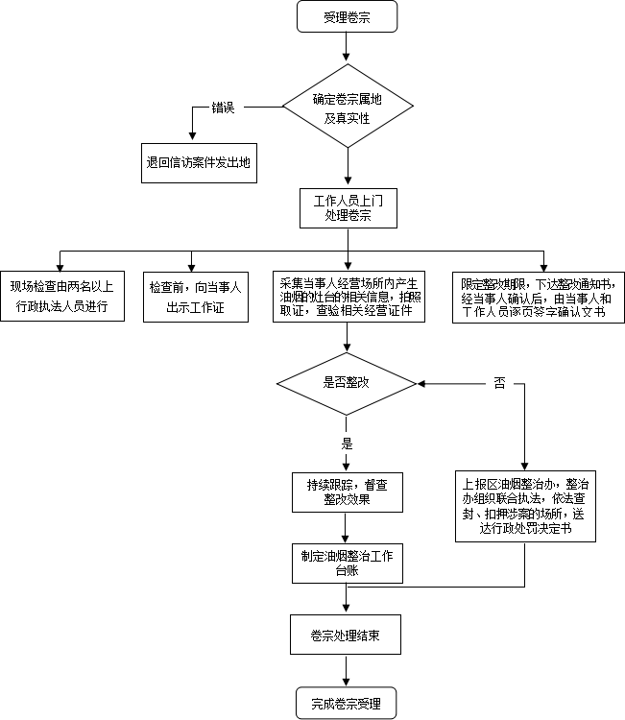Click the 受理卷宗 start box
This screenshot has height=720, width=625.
click(347, 16)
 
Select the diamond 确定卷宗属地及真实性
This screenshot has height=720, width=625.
click(347, 108)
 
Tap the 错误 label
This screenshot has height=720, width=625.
click(223, 108)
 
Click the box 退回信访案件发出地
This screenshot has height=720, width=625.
click(198, 162)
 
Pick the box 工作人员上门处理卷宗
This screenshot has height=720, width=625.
click(348, 208)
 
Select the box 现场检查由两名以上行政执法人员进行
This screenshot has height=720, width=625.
click(61, 296)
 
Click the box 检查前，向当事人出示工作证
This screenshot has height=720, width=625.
click(196, 296)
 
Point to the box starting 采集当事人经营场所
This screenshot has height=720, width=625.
click(349, 296)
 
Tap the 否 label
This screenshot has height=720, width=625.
click(499, 382)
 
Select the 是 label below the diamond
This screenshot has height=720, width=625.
click(347, 443)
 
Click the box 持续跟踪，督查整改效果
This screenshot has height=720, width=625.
click(347, 492)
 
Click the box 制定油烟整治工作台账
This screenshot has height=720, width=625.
click(347, 564)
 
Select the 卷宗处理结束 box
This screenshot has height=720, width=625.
click(347, 635)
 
